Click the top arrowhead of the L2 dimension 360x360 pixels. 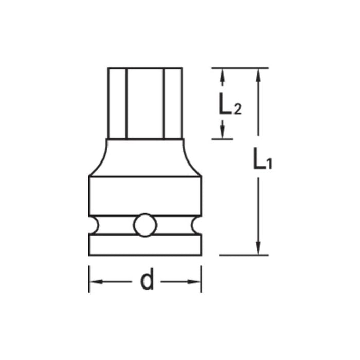(x=222, y=74)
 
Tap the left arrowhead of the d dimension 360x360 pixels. (x=96, y=281)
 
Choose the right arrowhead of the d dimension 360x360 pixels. (x=194, y=281)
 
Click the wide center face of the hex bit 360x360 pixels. (x=145, y=103)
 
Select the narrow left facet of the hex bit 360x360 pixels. (x=117, y=103)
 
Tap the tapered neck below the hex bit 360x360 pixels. (x=145, y=157)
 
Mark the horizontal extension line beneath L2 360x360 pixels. (x=222, y=138)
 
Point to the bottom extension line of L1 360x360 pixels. (x=244, y=255)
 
